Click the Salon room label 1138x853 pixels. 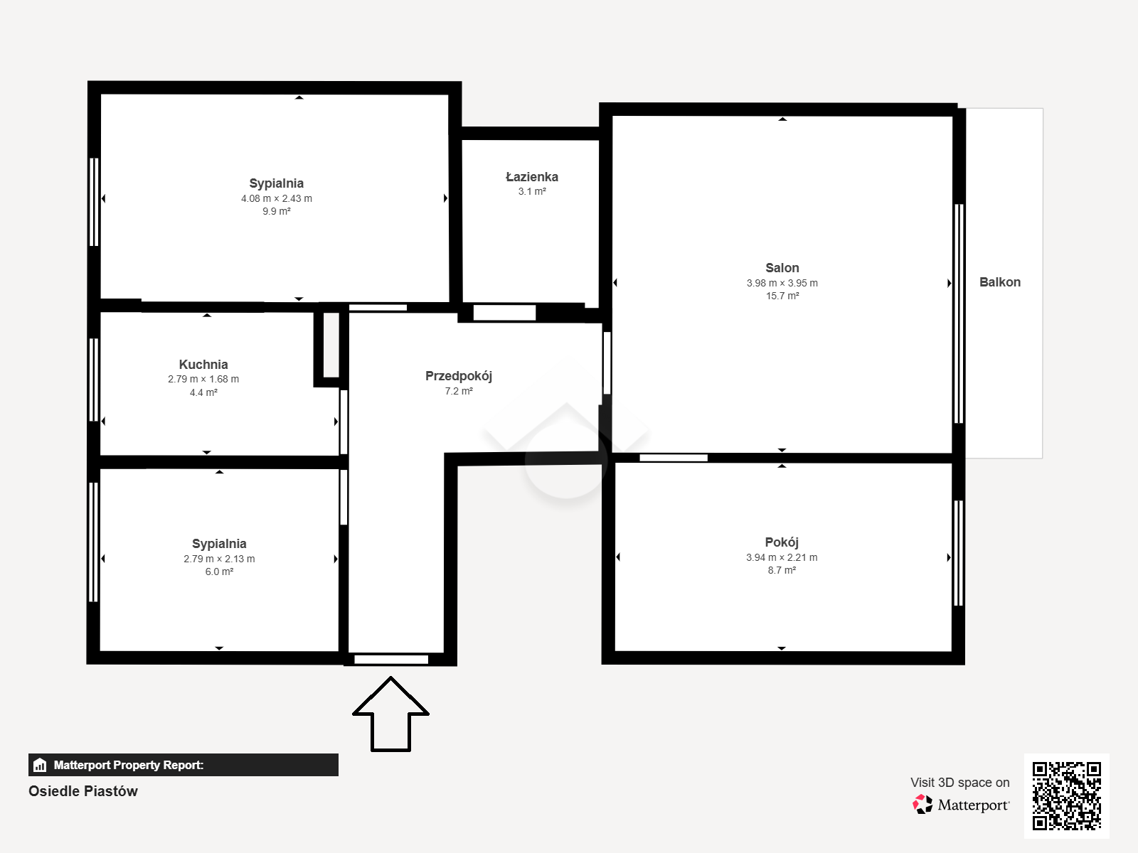click(782, 268)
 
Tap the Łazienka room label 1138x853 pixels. click(532, 177)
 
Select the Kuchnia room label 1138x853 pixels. click(203, 365)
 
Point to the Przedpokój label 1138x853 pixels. click(458, 377)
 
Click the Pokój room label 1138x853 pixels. click(781, 542)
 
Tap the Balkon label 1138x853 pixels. click(999, 282)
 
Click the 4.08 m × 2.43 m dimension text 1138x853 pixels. click(277, 198)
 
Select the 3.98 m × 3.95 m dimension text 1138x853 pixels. click(782, 284)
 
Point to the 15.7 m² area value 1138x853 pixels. click(782, 296)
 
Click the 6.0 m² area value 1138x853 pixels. click(219, 572)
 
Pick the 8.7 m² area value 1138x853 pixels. click(782, 570)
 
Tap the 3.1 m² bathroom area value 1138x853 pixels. click(532, 192)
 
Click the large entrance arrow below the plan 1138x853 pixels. click(390, 714)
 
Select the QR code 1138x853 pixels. click(1066, 795)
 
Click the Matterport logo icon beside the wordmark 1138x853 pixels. click(922, 805)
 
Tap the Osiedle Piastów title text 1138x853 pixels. click(83, 791)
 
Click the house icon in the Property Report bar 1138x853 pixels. click(40, 765)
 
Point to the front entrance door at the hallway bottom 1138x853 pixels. click(391, 660)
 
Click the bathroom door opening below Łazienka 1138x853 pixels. click(504, 312)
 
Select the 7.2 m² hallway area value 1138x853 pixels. click(459, 391)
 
